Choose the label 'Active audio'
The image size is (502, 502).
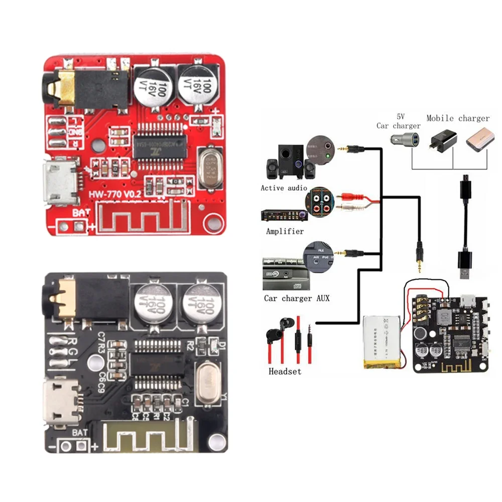point(284,188)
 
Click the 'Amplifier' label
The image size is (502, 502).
point(285,231)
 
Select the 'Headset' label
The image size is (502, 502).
point(285,371)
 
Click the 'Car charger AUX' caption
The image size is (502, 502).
point(297,298)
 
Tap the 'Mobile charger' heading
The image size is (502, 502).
point(458,118)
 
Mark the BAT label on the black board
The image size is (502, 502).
point(80,433)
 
